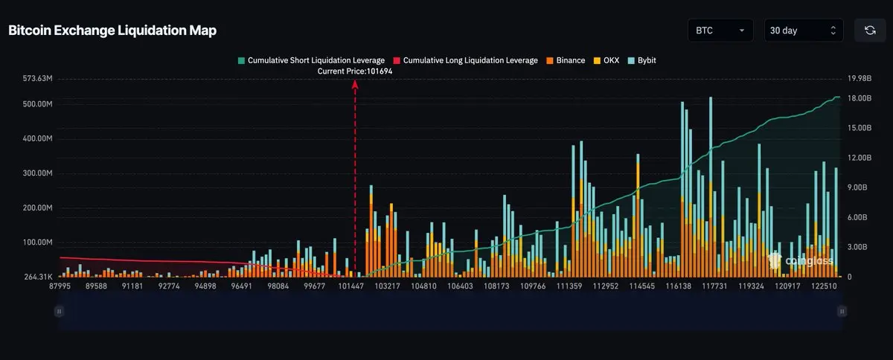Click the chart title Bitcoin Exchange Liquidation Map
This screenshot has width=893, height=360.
click(112, 30)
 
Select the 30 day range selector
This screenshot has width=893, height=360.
click(803, 30)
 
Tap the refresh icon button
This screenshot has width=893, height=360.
click(869, 30)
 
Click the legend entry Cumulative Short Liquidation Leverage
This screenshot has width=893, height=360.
click(310, 60)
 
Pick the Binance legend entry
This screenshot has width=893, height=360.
click(566, 60)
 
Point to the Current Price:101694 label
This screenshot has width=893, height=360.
click(355, 71)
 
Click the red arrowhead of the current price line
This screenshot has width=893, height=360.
click(355, 84)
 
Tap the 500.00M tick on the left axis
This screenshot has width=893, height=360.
click(37, 104)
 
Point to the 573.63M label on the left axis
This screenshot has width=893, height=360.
click(37, 78)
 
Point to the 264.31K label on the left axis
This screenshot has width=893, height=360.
click(37, 277)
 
